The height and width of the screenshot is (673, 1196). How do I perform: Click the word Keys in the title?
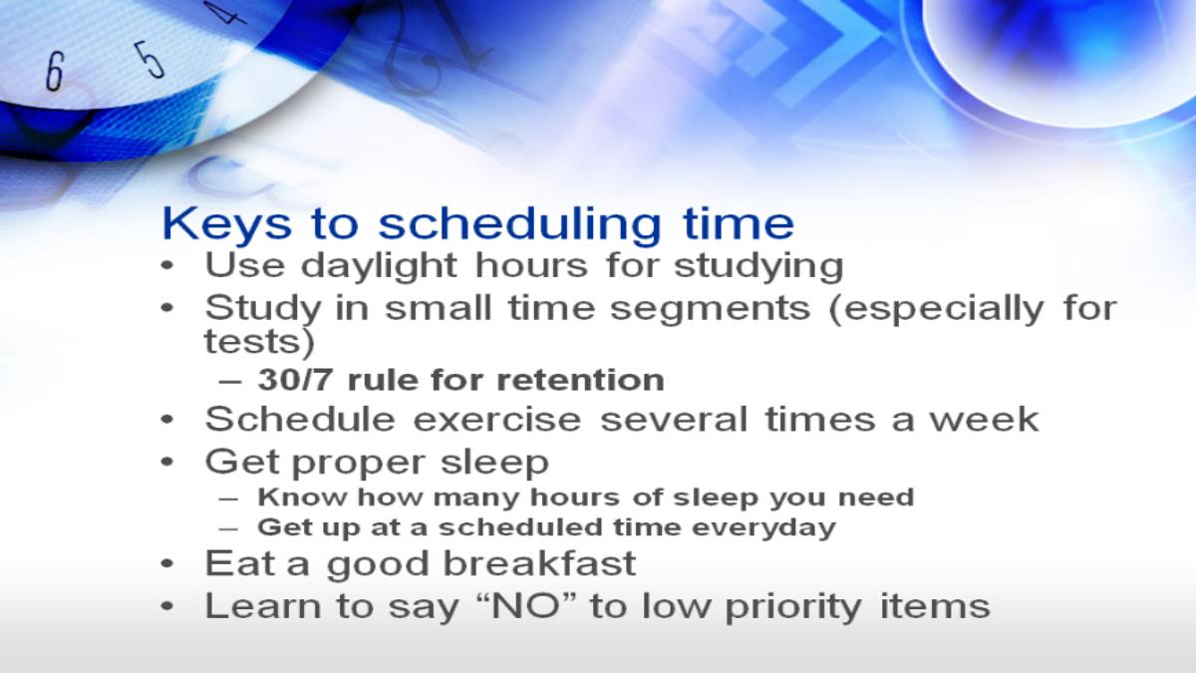coord(227,223)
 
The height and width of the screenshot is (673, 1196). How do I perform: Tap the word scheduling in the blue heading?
coord(519,223)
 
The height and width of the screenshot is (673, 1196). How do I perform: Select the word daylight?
coord(379,266)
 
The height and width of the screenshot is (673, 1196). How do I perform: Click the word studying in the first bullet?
coord(758,266)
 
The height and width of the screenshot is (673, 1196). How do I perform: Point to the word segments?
coord(710,309)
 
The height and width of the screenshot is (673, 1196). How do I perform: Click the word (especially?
coord(937,310)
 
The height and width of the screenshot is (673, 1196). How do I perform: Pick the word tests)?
coord(259,342)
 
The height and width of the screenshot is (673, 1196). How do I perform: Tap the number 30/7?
coord(295,380)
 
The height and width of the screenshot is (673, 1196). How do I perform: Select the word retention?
coord(580,380)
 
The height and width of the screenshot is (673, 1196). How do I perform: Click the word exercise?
coord(497,420)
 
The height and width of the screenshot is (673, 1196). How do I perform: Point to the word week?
coord(985,420)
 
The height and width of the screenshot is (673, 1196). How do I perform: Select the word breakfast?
coord(540,563)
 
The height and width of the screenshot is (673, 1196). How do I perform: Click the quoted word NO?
coord(534,606)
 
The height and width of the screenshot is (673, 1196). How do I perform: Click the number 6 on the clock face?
coord(55,71)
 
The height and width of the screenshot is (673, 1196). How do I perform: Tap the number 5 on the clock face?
coord(149,60)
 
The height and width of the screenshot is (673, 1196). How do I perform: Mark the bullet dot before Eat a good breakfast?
coord(167,563)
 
